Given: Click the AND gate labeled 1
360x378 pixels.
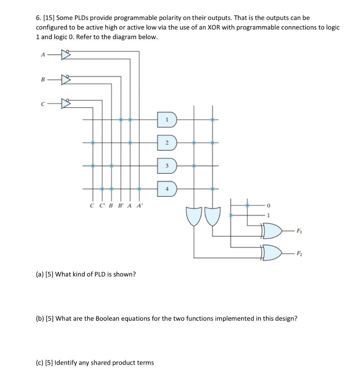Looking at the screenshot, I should click(167, 120).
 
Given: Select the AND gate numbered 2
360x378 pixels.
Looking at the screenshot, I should click(167, 143).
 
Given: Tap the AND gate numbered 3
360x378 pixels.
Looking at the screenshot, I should click(167, 166).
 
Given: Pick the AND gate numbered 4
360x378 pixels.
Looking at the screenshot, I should click(167, 189).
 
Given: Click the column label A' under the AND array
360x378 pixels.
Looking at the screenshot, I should click(139, 206).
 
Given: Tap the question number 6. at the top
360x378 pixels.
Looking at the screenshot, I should click(38, 18).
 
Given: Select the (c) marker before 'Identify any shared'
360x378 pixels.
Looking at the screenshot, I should click(39, 362).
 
